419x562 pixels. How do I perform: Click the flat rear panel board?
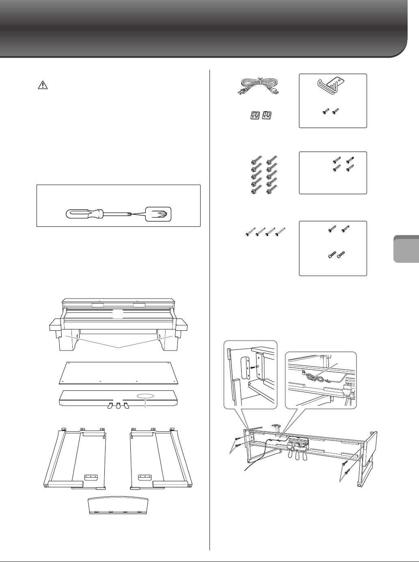click(119, 372)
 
